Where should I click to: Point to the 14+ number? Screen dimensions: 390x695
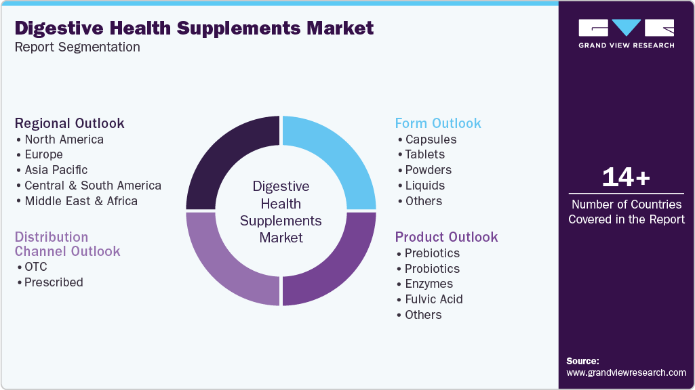pyautogui.click(x=626, y=177)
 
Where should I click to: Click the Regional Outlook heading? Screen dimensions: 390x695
pyautogui.click(x=70, y=123)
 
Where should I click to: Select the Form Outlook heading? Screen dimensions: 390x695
pyautogui.click(x=438, y=123)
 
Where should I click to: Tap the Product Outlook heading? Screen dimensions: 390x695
pyautogui.click(x=446, y=237)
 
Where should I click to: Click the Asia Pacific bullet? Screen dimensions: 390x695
pyautogui.click(x=56, y=170)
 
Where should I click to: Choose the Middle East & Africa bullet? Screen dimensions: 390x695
pyautogui.click(x=81, y=201)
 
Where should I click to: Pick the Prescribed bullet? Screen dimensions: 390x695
pyautogui.click(x=54, y=282)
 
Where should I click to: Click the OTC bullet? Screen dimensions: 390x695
pyautogui.click(x=35, y=267)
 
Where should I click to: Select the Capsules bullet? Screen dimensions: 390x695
pyautogui.click(x=430, y=139)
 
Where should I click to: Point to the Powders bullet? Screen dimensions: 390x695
pyautogui.click(x=428, y=170)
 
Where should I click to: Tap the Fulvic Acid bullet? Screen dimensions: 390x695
pyautogui.click(x=433, y=299)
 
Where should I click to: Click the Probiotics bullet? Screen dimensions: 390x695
pyautogui.click(x=432, y=269)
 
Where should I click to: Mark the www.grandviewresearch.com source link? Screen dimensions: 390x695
pyautogui.click(x=626, y=372)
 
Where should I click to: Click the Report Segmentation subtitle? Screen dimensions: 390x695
pyautogui.click(x=77, y=47)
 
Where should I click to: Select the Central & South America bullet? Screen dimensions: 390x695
pyautogui.click(x=93, y=186)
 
